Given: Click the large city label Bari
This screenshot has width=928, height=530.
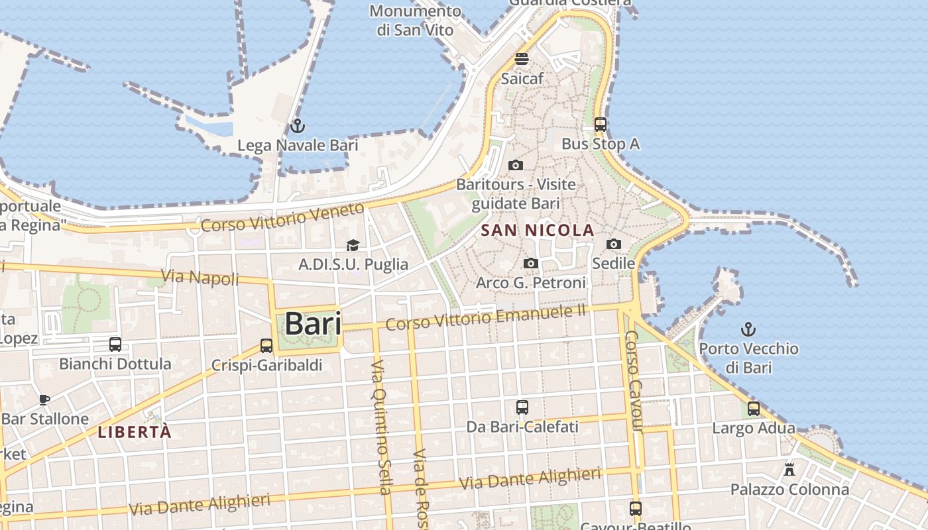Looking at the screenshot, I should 313,324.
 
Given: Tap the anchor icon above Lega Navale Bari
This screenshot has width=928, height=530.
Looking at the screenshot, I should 298,125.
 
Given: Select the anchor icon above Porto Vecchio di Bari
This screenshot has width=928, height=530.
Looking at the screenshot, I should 748,329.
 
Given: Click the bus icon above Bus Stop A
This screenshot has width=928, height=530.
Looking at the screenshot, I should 601,124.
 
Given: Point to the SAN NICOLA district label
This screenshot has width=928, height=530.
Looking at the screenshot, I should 538,231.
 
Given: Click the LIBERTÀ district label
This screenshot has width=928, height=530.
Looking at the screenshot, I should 135,433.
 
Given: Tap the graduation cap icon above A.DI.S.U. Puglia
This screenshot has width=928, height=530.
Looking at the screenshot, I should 353,245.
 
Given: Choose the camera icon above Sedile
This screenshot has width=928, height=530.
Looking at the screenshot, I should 614,244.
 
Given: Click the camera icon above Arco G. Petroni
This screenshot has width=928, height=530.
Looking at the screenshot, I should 530,263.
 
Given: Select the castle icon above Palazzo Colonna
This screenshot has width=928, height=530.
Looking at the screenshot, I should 789,470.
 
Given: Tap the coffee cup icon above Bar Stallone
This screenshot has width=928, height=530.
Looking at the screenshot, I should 44,399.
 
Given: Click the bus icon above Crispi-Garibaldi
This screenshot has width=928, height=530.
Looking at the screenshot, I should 266,345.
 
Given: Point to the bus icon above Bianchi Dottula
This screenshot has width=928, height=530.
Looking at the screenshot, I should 115,344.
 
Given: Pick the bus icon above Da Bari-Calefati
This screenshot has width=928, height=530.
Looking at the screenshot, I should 522,407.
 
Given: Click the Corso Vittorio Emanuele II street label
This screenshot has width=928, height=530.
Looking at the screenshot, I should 487,316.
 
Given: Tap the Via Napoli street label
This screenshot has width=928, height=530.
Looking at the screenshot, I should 200,277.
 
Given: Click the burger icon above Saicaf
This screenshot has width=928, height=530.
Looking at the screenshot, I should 522,58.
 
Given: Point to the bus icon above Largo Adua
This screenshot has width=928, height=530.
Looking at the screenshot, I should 754,408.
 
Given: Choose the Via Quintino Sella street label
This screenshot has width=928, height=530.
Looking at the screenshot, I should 380,428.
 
